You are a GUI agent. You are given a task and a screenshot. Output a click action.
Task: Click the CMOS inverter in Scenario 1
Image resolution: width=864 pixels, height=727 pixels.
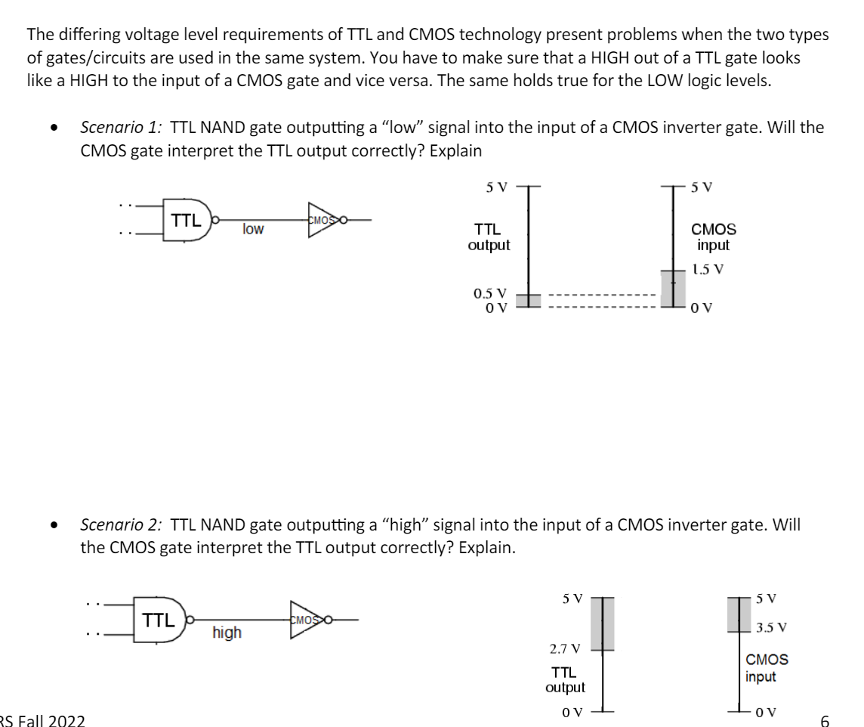point(323,220)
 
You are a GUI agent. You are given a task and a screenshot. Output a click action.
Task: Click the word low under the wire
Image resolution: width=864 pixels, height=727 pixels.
point(253,229)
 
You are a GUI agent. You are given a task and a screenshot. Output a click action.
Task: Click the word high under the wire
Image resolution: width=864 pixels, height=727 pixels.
point(227,633)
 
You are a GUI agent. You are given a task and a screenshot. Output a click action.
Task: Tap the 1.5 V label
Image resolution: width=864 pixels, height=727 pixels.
point(711,269)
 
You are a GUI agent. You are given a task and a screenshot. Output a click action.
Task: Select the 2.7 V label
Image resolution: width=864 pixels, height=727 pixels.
point(564,648)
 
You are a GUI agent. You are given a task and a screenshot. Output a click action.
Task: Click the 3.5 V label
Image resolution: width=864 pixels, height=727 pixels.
point(772,627)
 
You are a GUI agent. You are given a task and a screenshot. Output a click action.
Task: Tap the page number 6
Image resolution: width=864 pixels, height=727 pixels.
point(825,719)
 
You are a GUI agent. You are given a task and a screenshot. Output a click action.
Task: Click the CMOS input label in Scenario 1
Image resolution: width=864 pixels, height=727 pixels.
point(713,237)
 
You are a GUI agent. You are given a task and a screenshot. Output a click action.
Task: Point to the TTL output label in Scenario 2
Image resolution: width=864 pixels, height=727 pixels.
point(565,679)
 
